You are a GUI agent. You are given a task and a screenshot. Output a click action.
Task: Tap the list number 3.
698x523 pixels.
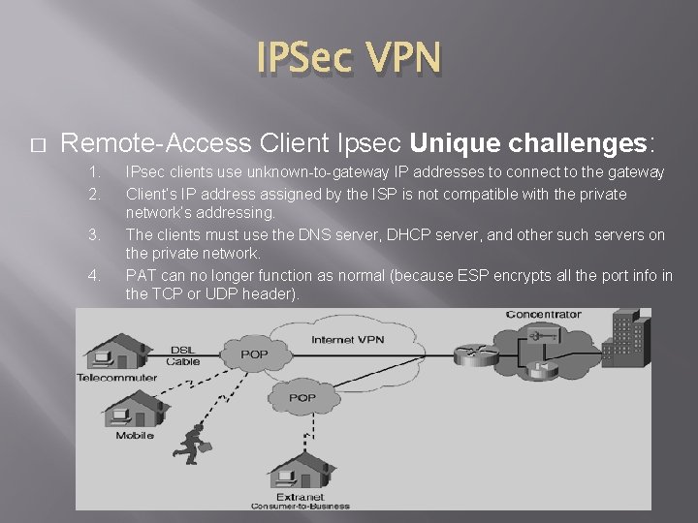pos(94,233)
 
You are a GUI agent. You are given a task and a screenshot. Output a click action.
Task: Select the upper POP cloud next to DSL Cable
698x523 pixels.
pos(254,354)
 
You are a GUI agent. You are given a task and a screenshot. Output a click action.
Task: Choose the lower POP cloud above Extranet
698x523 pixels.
pos(301,397)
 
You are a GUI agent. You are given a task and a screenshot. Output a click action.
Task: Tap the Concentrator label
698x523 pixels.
pos(543,314)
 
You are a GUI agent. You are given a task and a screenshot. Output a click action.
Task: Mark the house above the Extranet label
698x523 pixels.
pos(300,477)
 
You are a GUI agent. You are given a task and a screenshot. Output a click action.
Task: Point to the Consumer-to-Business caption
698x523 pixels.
pos(300,506)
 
